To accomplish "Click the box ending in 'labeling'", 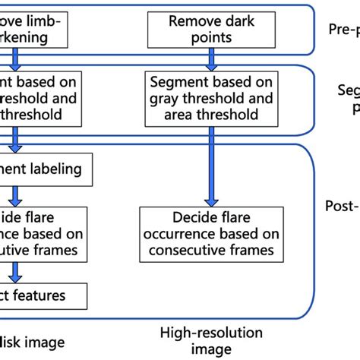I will tap(46, 167).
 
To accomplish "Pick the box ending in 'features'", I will tap(42, 295).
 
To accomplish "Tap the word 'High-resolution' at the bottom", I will tap(211, 332).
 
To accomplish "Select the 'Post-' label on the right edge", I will tap(343, 206).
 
